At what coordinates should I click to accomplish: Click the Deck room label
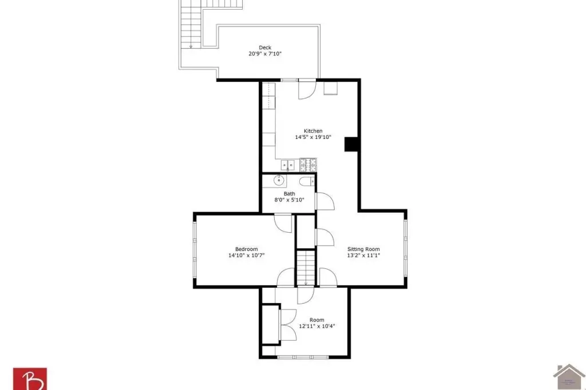click(x=265, y=47)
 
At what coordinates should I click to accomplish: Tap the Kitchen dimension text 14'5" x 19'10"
click(x=313, y=137)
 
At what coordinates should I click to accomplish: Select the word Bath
click(x=289, y=193)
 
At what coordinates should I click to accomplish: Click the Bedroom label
click(x=246, y=249)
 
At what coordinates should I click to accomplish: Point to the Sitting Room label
click(x=363, y=249)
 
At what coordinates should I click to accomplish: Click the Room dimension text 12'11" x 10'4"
click(x=317, y=326)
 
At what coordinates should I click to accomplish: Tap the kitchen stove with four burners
click(x=308, y=165)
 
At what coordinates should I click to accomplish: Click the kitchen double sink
click(x=288, y=165)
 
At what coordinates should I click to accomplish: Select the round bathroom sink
click(x=279, y=181)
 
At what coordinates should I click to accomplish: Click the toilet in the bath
click(x=307, y=182)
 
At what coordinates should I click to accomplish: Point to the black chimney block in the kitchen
click(x=351, y=144)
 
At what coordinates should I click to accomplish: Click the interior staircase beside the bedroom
click(x=306, y=268)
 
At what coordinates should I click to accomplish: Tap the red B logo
click(x=30, y=379)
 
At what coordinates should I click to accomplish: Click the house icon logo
click(x=569, y=377)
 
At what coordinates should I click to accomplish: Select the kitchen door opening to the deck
click(x=307, y=90)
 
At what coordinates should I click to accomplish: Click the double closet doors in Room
click(x=288, y=325)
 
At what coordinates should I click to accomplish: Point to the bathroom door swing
click(x=325, y=201)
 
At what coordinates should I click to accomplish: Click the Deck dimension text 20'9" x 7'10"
click(x=265, y=54)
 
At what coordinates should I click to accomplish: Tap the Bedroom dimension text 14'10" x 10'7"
click(x=246, y=256)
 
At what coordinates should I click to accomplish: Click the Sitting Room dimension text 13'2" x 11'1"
click(x=363, y=256)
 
